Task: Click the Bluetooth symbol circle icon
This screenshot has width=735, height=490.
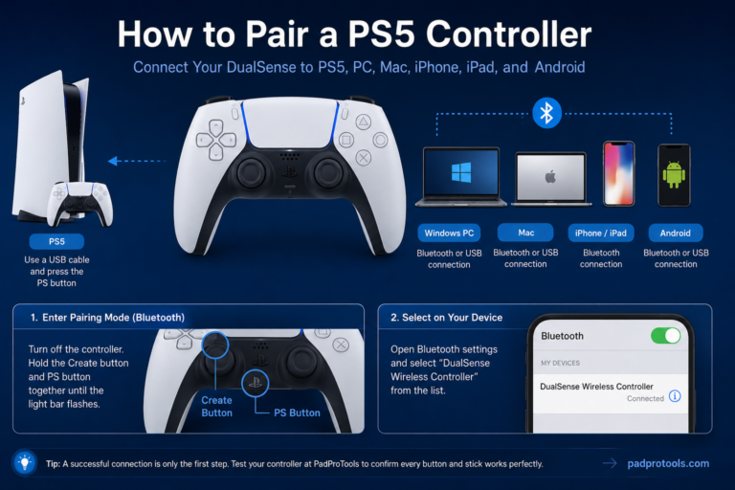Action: [546, 113]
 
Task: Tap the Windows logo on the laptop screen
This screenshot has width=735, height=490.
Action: [461, 172]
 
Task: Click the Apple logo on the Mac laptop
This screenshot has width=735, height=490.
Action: [551, 177]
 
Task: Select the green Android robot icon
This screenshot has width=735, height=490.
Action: [674, 174]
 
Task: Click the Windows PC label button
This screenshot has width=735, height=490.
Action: [449, 234]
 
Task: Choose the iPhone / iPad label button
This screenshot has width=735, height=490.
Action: [601, 234]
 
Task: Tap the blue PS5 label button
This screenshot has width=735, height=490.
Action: [56, 241]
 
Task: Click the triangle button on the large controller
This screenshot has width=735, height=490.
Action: [363, 122]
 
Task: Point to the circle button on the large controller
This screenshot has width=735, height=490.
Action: [380, 140]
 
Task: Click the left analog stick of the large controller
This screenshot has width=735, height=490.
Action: [252, 172]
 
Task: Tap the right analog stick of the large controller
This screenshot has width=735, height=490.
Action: [328, 172]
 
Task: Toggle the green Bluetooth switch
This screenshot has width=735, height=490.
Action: [666, 336]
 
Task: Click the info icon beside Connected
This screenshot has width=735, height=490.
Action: [675, 396]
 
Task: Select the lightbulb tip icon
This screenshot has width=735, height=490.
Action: [24, 463]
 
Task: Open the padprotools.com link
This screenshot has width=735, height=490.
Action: [668, 463]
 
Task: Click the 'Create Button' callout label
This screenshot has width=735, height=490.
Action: [216, 407]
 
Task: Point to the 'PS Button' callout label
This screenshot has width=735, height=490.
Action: [298, 413]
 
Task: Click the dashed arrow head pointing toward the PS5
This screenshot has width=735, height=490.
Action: [113, 161]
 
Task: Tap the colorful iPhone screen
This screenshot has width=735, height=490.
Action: [619, 174]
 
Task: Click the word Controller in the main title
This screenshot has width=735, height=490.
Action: [508, 34]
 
